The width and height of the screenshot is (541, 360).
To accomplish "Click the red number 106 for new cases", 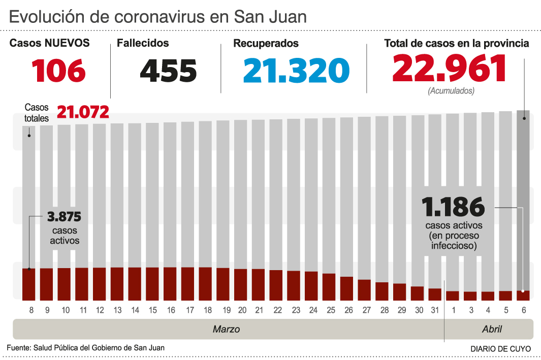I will point(58,70).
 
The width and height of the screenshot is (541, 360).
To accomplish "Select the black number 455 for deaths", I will point(168,70).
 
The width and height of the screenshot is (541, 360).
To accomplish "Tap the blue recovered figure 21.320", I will point(296,70).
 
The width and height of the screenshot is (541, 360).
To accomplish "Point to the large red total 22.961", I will point(449,69).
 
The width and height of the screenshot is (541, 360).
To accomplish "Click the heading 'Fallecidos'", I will point(143,44).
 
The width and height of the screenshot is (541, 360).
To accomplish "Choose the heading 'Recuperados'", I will point(266,44).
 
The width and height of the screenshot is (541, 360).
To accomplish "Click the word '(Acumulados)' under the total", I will point(451,91).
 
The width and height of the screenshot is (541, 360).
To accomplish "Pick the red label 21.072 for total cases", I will point(83,112).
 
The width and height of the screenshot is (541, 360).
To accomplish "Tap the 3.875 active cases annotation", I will point(64,216).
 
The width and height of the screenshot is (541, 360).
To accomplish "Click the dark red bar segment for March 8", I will point(29,284).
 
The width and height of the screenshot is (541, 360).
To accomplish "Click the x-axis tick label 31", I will point(434,310).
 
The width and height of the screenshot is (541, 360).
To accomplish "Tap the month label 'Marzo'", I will point(226,330).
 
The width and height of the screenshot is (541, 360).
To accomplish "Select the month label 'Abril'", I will point(492,330).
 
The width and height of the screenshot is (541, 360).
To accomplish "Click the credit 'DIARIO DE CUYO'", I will point(500,349).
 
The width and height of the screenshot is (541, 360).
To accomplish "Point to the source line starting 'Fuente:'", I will point(85,348).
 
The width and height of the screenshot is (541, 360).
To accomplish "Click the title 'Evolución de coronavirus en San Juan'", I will point(157,17).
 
